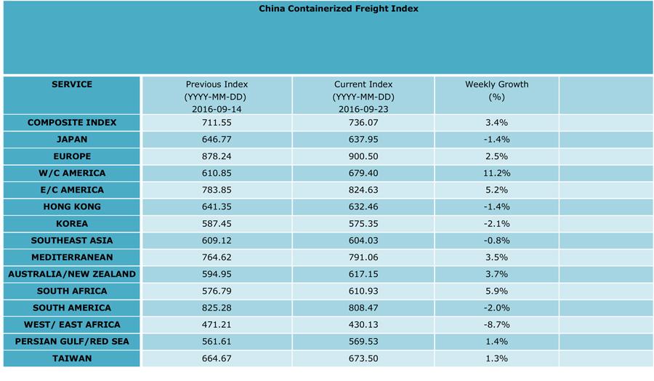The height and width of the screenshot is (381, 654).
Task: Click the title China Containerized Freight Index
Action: pyautogui.click(x=339, y=9)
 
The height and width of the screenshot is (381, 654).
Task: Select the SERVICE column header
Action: pyautogui.click(x=72, y=84)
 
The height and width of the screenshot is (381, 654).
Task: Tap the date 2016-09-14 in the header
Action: pyautogui.click(x=217, y=109)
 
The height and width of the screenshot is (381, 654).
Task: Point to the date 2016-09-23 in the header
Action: pyautogui.click(x=363, y=109)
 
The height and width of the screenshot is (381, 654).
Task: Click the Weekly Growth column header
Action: pyautogui.click(x=497, y=84)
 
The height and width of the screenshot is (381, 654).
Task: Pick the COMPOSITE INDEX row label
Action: pyautogui.click(x=72, y=123)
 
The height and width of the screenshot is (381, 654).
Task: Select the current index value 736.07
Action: pyautogui.click(x=363, y=123)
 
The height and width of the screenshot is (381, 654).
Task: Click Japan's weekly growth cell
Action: pyautogui.click(x=497, y=140)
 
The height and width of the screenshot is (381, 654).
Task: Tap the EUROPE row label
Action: pyautogui.click(x=72, y=156)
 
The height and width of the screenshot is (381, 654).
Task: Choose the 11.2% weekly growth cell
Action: pyautogui.click(x=497, y=173)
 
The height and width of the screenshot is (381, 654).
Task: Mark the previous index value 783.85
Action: pyautogui.click(x=217, y=190)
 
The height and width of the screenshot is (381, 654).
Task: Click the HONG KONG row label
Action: pyautogui.click(x=72, y=206)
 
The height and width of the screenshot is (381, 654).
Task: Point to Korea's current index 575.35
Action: pyautogui.click(x=363, y=224)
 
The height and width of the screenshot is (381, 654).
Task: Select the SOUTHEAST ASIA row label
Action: pyautogui.click(x=72, y=241)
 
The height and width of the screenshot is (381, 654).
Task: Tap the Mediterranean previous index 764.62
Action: pyautogui.click(x=217, y=257)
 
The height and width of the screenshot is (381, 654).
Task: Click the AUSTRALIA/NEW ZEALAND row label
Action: pyautogui.click(x=72, y=274)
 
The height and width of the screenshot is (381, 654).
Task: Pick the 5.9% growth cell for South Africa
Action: pyautogui.click(x=497, y=291)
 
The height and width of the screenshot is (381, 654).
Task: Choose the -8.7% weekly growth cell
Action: pyautogui.click(x=497, y=325)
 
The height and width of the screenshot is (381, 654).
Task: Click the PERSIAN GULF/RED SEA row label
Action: pyautogui.click(x=72, y=342)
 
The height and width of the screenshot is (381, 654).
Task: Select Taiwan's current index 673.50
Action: pyautogui.click(x=363, y=358)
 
